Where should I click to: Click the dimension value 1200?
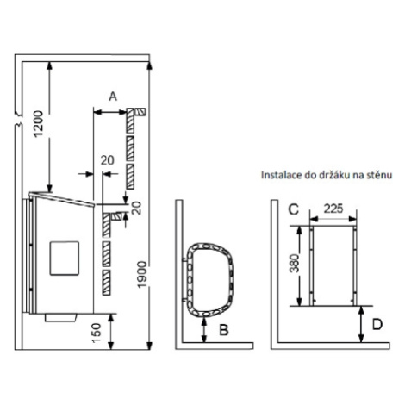(38, 124)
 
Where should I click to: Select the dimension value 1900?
(142, 274)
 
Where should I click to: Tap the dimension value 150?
(97, 333)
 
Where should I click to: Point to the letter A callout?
(113, 97)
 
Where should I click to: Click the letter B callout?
(224, 330)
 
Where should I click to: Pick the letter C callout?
(293, 209)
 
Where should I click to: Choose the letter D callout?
(377, 325)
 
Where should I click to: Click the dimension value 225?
(333, 209)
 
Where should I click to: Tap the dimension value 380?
(294, 263)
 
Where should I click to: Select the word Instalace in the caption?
(277, 175)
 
